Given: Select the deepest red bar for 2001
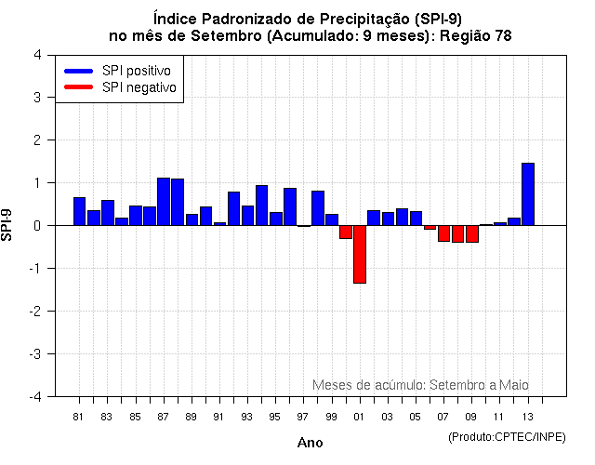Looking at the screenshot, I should tap(359, 254).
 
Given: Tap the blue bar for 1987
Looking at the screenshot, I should tap(164, 202).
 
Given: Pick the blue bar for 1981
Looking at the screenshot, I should tap(79, 211).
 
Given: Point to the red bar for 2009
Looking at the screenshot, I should tap(472, 233).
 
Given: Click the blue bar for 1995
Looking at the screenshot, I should tap(276, 219).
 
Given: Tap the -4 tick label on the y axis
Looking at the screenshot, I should tap(33, 397).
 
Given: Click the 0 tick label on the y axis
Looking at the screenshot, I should tap(36, 226).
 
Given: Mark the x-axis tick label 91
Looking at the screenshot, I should tap(219, 417).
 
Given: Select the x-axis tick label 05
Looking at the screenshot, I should tap(416, 417).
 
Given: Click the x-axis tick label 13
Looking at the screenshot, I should tap(527, 417).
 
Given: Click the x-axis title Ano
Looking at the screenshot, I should tap(310, 443).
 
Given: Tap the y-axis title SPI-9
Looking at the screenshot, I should tap(8, 225).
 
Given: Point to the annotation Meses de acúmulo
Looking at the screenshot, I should tap(368, 384).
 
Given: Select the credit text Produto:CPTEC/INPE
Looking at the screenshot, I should tap(507, 436).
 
